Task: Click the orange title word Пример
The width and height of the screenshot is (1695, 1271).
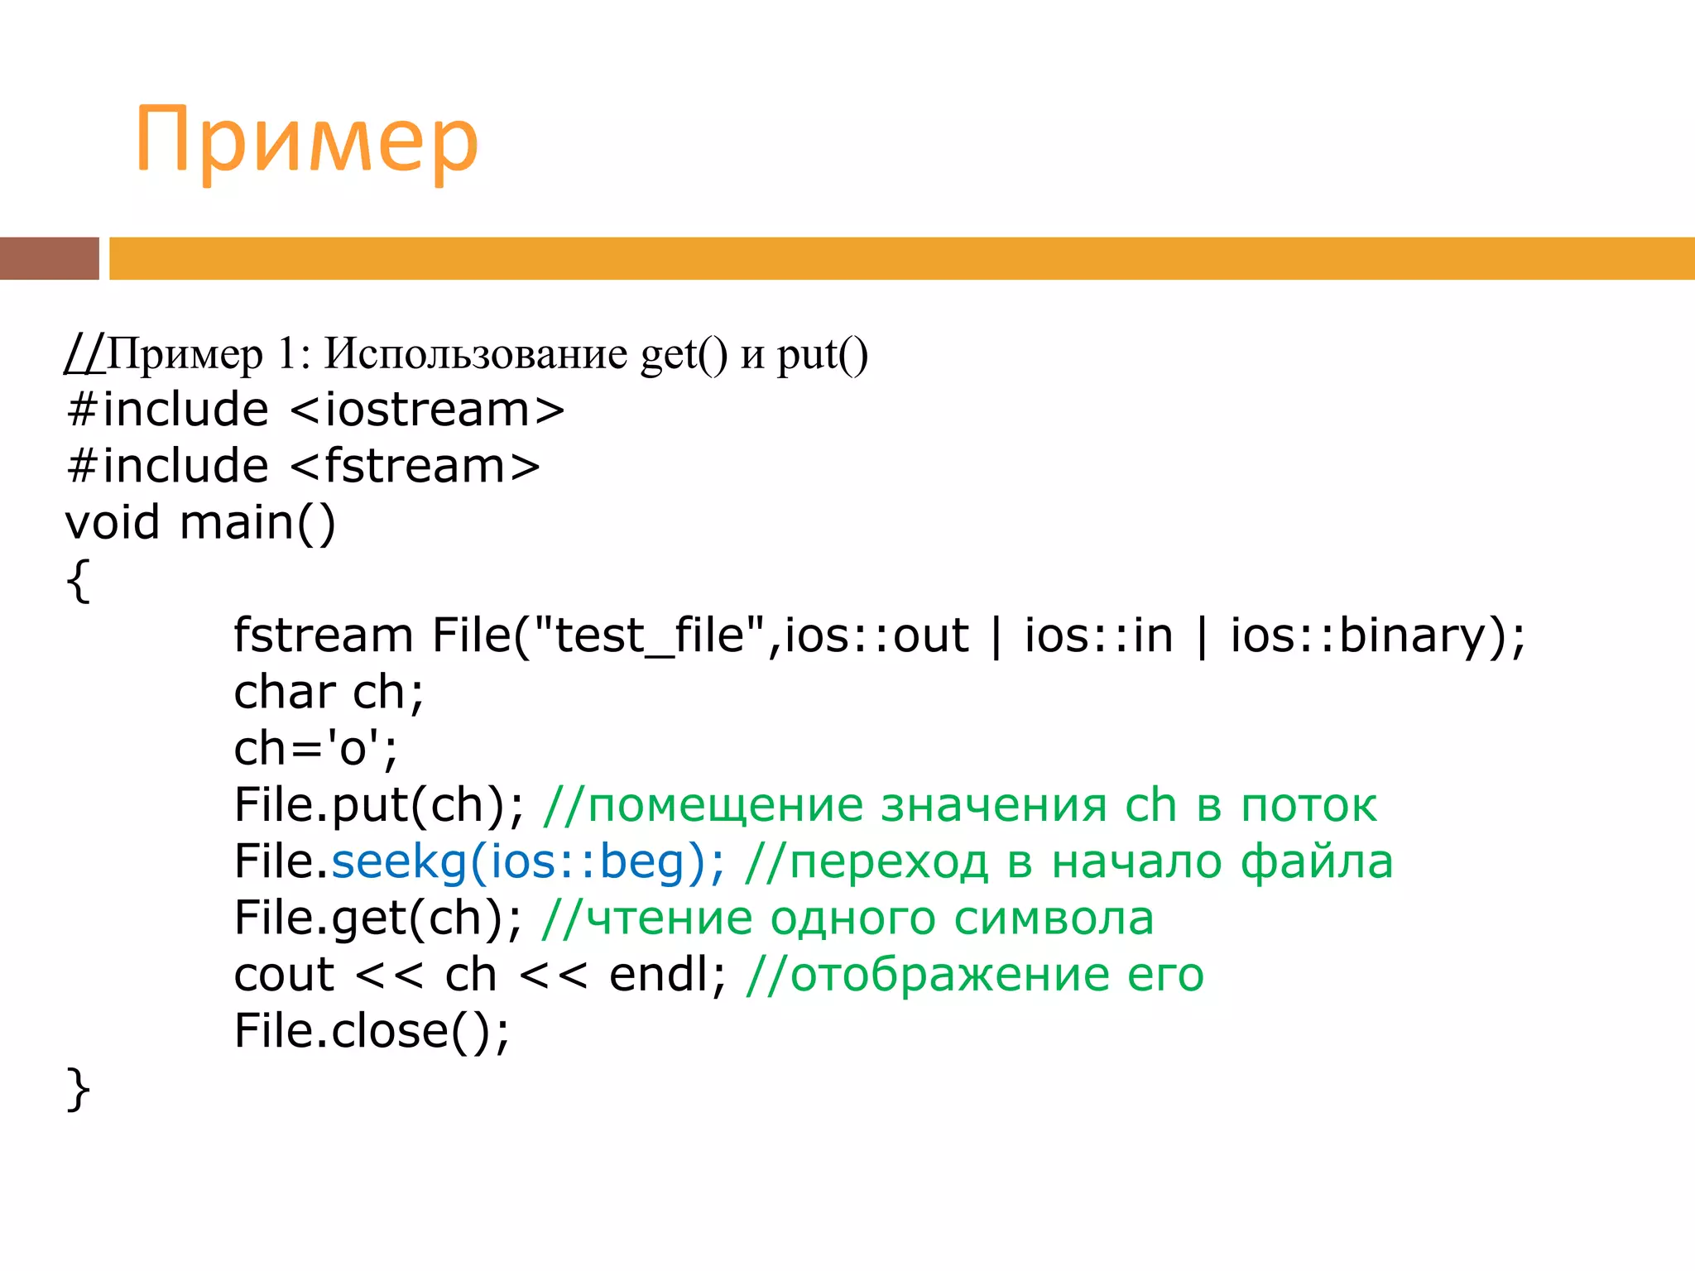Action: pos(306,141)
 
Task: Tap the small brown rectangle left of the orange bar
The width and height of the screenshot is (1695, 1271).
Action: pos(49,258)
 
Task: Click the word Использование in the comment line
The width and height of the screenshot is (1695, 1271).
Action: pos(475,354)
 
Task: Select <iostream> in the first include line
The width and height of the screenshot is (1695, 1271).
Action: pos(427,410)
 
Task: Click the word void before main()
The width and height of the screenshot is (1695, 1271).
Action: pos(113,522)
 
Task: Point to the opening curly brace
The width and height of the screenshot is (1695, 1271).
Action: pos(78,580)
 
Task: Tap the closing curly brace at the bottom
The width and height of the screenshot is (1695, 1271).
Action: pos(78,1088)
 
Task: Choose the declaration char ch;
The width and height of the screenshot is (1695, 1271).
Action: pos(329,692)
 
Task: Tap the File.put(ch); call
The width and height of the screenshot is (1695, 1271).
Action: pos(379,805)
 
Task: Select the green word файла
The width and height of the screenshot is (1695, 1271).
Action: pos(1317,861)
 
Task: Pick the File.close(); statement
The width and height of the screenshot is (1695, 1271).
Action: pos(372,1031)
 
